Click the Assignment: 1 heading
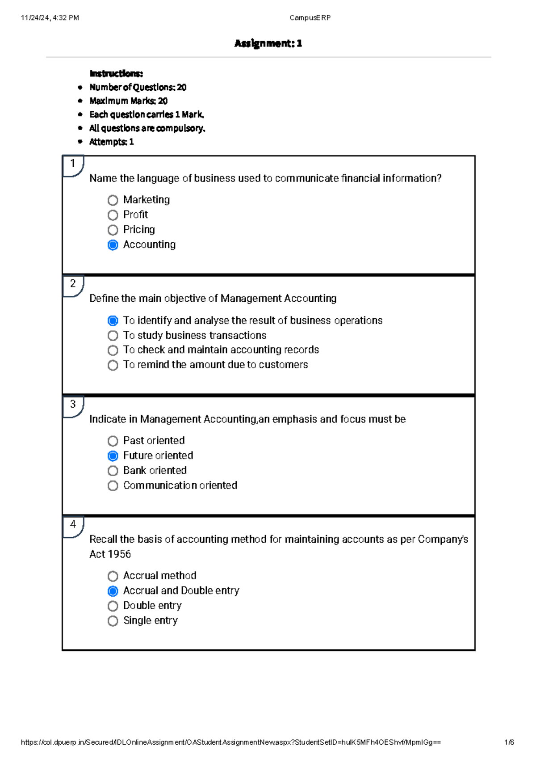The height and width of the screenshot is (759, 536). (268, 43)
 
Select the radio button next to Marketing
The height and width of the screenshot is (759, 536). (113, 200)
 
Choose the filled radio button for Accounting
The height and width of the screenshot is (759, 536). (113, 245)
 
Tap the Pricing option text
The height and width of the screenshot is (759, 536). (139, 230)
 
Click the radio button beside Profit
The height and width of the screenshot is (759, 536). (113, 215)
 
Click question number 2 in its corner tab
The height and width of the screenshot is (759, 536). (73, 284)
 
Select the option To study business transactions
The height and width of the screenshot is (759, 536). (194, 335)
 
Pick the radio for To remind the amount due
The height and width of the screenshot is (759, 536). (113, 365)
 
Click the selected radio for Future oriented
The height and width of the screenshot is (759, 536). (113, 456)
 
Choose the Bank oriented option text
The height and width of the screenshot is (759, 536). (155, 471)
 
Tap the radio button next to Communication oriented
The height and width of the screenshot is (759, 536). (113, 486)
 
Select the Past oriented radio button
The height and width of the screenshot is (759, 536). (113, 441)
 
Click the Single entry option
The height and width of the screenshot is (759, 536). (150, 620)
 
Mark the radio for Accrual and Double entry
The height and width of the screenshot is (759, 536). (113, 591)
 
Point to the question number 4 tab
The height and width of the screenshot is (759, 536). (73, 525)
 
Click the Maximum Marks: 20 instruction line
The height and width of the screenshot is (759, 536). (128, 101)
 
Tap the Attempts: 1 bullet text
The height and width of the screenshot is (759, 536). (111, 142)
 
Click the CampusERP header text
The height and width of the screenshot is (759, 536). (310, 18)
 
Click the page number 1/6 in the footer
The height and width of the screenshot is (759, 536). (509, 742)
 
